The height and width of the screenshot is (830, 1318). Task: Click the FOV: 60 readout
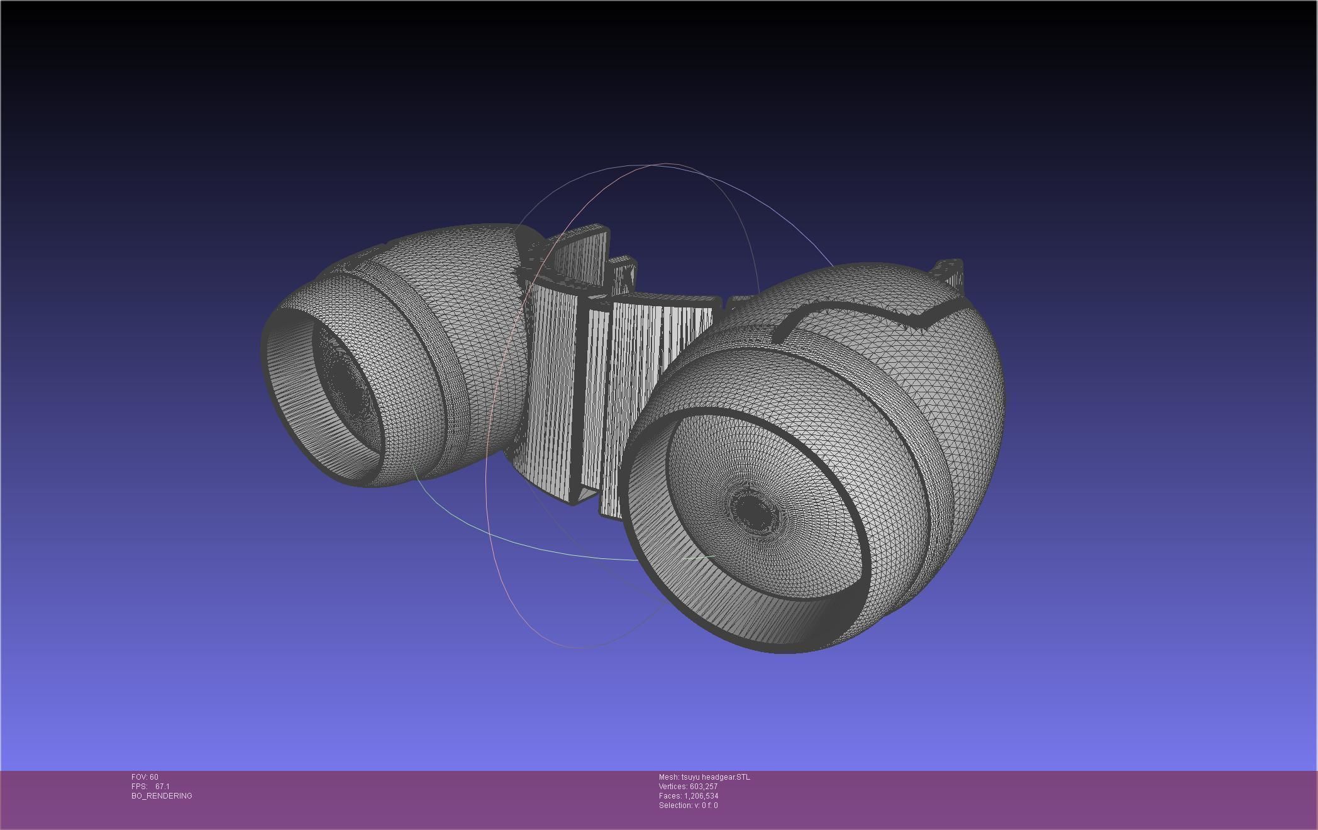(145, 777)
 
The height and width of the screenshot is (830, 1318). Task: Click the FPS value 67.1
(162, 787)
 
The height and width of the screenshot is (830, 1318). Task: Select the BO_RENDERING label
(162, 796)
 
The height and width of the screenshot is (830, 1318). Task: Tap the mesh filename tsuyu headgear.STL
(715, 777)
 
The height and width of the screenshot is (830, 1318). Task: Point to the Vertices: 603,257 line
(688, 787)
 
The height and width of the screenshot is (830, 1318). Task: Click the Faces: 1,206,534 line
(688, 796)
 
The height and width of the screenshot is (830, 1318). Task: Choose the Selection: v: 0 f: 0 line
(688, 805)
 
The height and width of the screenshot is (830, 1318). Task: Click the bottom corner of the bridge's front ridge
(573, 501)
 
